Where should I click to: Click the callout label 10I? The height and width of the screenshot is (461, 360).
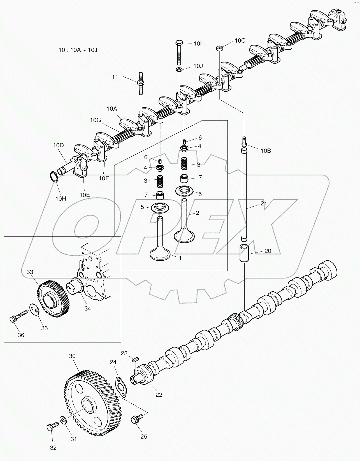click(x=198, y=43)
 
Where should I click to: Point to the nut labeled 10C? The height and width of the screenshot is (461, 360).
click(x=219, y=48)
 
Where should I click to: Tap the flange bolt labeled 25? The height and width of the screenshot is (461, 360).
click(x=136, y=420)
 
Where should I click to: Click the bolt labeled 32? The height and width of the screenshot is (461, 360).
click(x=51, y=427)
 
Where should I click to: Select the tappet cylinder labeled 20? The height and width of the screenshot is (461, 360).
click(x=244, y=253)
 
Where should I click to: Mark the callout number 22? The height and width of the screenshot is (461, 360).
click(x=159, y=395)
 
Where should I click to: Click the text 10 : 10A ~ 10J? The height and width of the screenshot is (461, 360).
click(x=78, y=50)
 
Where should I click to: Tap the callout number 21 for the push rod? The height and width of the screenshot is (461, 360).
click(x=264, y=203)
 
